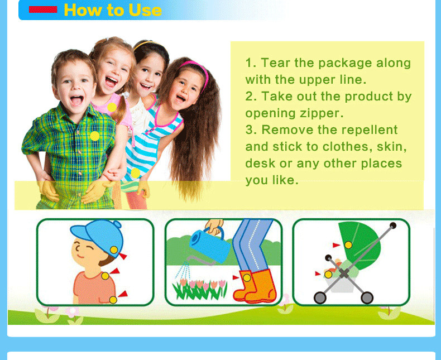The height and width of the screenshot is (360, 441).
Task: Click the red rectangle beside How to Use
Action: pyautogui.click(x=43, y=9)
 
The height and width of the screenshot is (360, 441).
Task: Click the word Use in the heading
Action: pyautogui.click(x=145, y=10)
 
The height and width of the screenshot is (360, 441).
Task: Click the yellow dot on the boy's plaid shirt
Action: pyautogui.click(x=94, y=136)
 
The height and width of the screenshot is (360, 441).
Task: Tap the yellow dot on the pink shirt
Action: pyautogui.click(x=112, y=107)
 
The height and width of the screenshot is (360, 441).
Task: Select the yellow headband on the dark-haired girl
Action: pyautogui.click(x=148, y=45)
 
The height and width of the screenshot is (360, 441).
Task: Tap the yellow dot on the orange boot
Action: pyautogui.click(x=247, y=278)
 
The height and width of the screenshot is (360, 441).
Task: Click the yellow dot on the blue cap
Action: pyautogui.click(x=114, y=249)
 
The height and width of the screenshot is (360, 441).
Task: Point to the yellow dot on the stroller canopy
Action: pyautogui.click(x=348, y=245)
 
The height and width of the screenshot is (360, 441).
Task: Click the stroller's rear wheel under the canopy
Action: pyautogui.click(x=367, y=297)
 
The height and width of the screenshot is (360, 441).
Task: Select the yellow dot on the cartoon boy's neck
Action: pyautogui.click(x=105, y=276)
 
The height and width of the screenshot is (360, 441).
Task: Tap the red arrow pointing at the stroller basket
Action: pyautogui.click(x=318, y=273)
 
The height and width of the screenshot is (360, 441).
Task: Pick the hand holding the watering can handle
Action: pyautogui.click(x=214, y=227)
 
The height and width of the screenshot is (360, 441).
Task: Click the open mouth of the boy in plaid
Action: pyautogui.click(x=76, y=100)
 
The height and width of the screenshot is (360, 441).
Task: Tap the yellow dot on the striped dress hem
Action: pyautogui.click(x=135, y=173)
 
